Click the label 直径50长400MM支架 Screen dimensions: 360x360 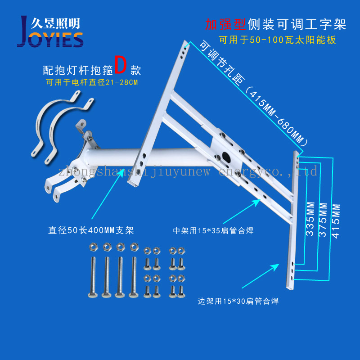(x=91, y=231)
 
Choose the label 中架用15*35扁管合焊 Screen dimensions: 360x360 (x=213, y=230)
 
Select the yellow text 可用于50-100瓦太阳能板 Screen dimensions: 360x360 (x=277, y=40)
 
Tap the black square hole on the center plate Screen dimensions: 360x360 (x=227, y=159)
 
